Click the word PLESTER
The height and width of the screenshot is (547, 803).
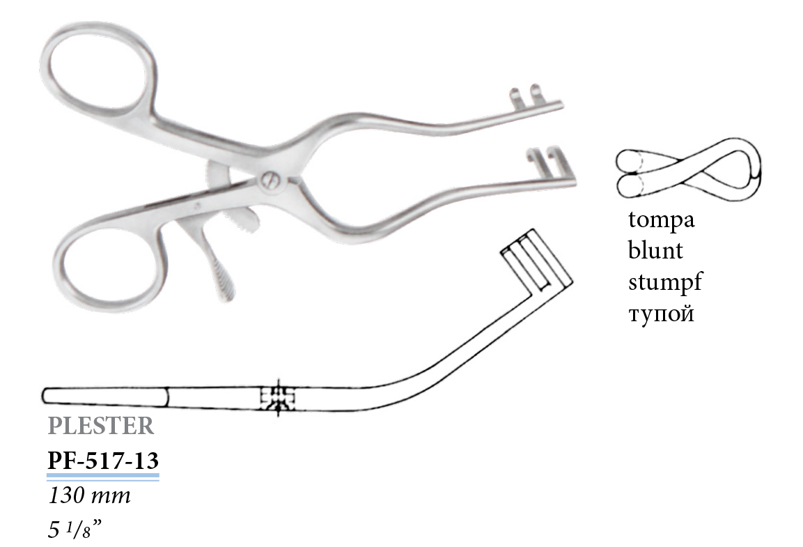pos(101,426)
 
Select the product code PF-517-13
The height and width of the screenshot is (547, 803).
pos(103,461)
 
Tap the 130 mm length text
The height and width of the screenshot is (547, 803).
pos(90,495)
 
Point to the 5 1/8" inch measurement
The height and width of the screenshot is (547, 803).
pos(75,529)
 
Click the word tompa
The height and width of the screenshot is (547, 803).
pos(661,220)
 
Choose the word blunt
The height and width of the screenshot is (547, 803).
pos(655,250)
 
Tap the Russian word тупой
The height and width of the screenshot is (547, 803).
pos(661,313)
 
